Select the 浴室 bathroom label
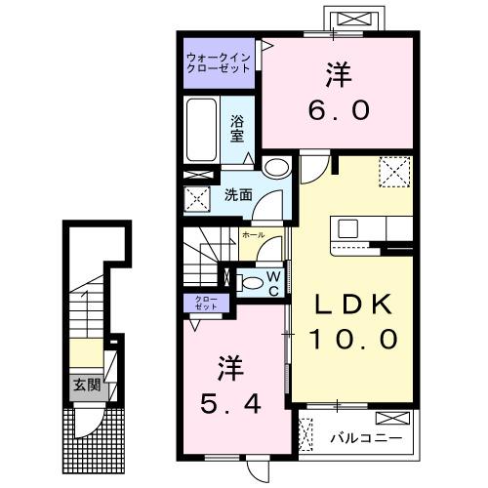pyautogui.click(x=237, y=129)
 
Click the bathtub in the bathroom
pyautogui.click(x=201, y=131)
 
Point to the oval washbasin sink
pyautogui.click(x=276, y=166)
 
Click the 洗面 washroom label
pyautogui.click(x=237, y=193)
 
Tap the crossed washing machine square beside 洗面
pyautogui.click(x=198, y=201)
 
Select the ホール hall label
pyautogui.click(x=251, y=235)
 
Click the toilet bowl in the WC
pyautogui.click(x=252, y=283)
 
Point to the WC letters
pyautogui.click(x=274, y=282)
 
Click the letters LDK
pyautogui.click(x=352, y=305)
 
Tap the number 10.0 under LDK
pyautogui.click(x=353, y=339)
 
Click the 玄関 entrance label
pyautogui.click(x=83, y=385)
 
